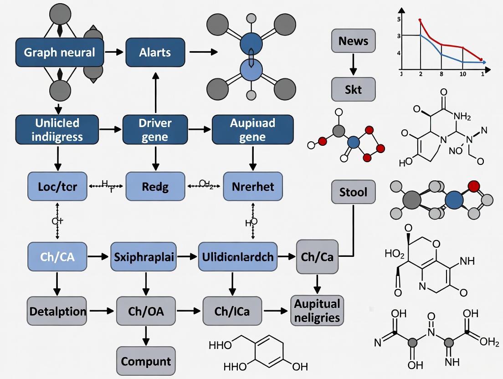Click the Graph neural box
pyautogui.click(x=59, y=52)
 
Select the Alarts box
pyautogui.click(x=155, y=52)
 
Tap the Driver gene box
pyautogui.click(x=155, y=130)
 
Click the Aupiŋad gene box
pyautogui.click(x=252, y=130)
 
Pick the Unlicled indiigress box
pyautogui.click(x=57, y=130)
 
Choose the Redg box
pyautogui.click(x=155, y=186)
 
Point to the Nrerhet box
pyautogui.click(x=253, y=186)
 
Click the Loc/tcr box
pyautogui.click(x=57, y=186)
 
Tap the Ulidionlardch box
pyautogui.click(x=237, y=257)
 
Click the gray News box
pyautogui.click(x=354, y=41)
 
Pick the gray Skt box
pyautogui.click(x=354, y=89)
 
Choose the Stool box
pyautogui.click(x=354, y=192)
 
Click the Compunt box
pyautogui.click(x=146, y=362)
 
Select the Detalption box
pyautogui.click(x=57, y=312)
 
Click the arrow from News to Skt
pyautogui.click(x=354, y=65)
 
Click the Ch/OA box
pyautogui.click(x=146, y=312)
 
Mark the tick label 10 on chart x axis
pyautogui.click(x=462, y=74)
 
